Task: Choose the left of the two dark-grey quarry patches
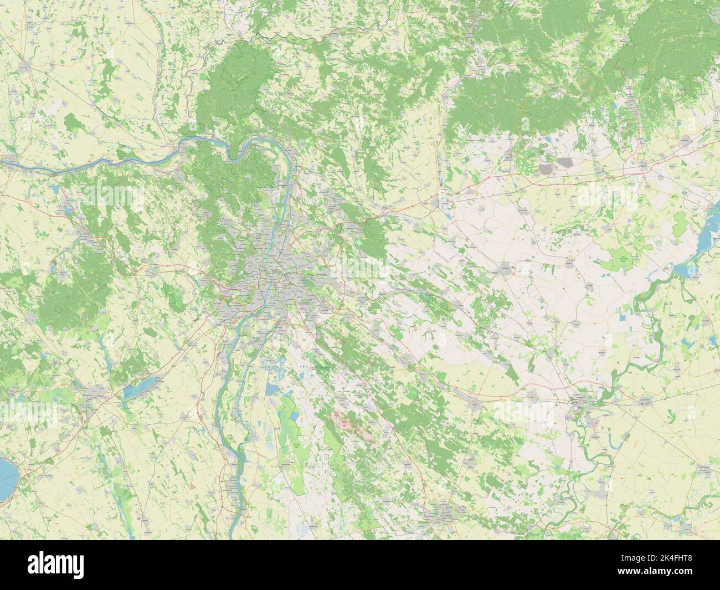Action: point(547,166)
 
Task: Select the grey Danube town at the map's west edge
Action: point(11,162)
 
